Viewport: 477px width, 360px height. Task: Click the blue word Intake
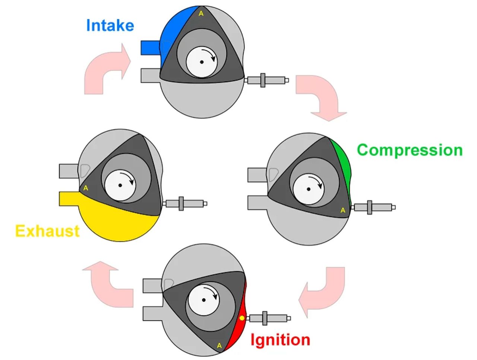pyautogui.click(x=110, y=26)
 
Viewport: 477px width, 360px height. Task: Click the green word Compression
pyautogui.click(x=410, y=150)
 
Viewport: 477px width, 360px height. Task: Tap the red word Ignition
pyautogui.click(x=280, y=340)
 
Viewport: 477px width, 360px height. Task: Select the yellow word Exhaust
pyautogui.click(x=47, y=231)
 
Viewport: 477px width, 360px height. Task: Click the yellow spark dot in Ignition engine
pyautogui.click(x=242, y=318)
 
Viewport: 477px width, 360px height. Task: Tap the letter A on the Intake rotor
pyautogui.click(x=201, y=14)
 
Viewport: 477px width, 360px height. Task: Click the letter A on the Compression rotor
pyautogui.click(x=343, y=211)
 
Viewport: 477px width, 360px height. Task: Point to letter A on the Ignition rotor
pyautogui.click(x=219, y=346)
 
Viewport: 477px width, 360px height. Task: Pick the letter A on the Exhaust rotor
pyautogui.click(x=86, y=188)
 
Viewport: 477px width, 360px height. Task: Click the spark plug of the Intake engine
pyautogui.click(x=266, y=80)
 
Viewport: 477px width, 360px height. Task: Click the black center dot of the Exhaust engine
pyautogui.click(x=120, y=185)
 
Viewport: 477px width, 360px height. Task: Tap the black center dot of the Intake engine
pyautogui.click(x=202, y=62)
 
